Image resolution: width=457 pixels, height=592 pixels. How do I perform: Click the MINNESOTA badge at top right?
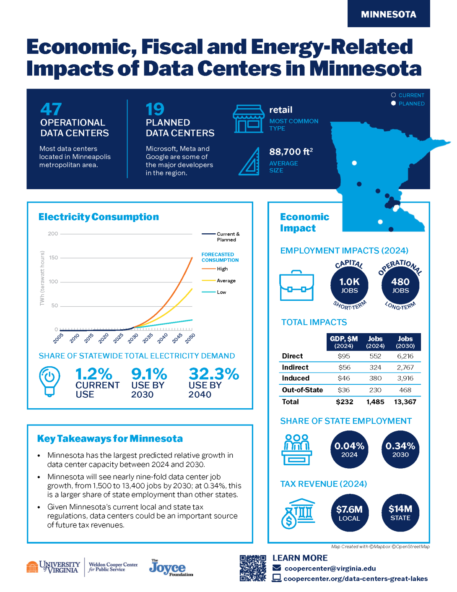click(x=388, y=14)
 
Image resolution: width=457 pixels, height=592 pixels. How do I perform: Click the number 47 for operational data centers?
click(x=51, y=110)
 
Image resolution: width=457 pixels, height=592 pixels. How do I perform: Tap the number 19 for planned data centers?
click(x=155, y=110)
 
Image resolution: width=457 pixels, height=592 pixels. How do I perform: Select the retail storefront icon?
click(x=249, y=119)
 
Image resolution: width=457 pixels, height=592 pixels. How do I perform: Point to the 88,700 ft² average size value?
click(x=291, y=152)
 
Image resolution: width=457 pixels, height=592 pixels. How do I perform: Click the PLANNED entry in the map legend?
click(x=411, y=104)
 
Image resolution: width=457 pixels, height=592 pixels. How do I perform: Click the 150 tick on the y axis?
click(x=54, y=258)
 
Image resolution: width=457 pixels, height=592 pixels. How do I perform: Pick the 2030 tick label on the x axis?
click(x=133, y=338)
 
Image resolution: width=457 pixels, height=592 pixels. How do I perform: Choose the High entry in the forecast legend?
click(x=222, y=269)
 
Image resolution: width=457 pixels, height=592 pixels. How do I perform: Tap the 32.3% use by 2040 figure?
click(x=214, y=374)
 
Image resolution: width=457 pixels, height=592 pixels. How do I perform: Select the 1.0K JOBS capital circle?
click(x=349, y=285)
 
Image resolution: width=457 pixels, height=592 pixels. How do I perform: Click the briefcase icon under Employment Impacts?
click(x=296, y=286)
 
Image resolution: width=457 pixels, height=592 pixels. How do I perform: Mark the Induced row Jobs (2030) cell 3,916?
click(x=405, y=378)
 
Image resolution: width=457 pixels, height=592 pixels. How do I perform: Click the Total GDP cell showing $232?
click(x=344, y=402)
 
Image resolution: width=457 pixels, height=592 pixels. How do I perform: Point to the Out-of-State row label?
click(x=302, y=390)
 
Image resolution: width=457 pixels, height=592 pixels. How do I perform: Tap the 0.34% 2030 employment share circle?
click(x=400, y=449)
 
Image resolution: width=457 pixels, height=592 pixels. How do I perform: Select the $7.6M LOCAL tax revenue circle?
click(x=349, y=513)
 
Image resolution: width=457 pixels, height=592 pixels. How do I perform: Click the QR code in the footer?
click(x=253, y=568)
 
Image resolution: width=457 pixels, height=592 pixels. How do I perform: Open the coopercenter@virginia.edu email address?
click(x=330, y=569)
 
